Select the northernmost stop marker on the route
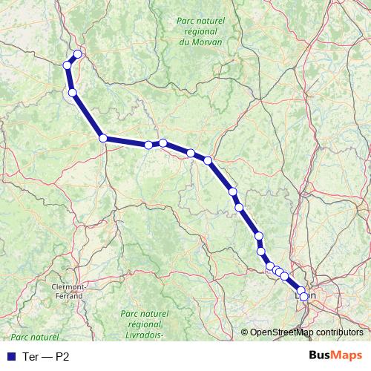[x=77, y=53]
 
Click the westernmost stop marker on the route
[x=68, y=65]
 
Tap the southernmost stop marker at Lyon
[x=303, y=297]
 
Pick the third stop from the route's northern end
[x=72, y=93]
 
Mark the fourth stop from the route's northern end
[x=103, y=138]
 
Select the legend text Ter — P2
[x=47, y=356]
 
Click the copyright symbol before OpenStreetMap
[x=245, y=332]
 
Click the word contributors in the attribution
[x=340, y=332]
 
